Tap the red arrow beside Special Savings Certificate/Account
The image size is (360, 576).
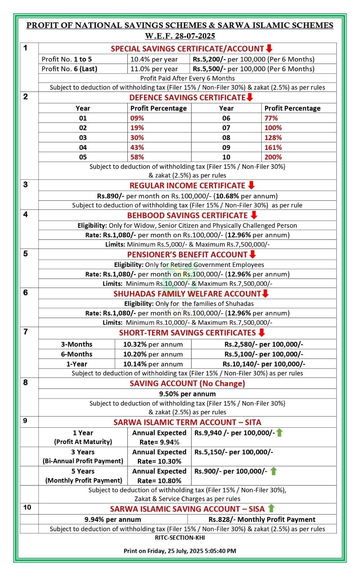point(269,49)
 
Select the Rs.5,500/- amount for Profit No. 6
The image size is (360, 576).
point(209,69)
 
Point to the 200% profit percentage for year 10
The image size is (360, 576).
point(273,157)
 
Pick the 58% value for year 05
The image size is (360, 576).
point(137,157)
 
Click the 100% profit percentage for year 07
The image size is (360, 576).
point(273,128)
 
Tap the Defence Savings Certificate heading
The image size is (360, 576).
point(187,98)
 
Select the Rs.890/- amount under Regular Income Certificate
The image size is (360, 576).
point(111,196)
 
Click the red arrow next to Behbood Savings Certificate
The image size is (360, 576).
point(254,215)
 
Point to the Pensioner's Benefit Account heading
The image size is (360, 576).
point(187,255)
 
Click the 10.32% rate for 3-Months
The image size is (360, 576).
point(135,345)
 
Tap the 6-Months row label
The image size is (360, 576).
point(76,354)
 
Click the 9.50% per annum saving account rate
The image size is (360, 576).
point(187,394)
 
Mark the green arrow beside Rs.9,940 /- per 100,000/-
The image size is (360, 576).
point(279,433)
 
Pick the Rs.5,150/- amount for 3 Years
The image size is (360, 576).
point(209,452)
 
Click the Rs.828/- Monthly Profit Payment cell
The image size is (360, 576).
point(262,519)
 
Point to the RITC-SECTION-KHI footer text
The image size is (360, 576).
point(180,538)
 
